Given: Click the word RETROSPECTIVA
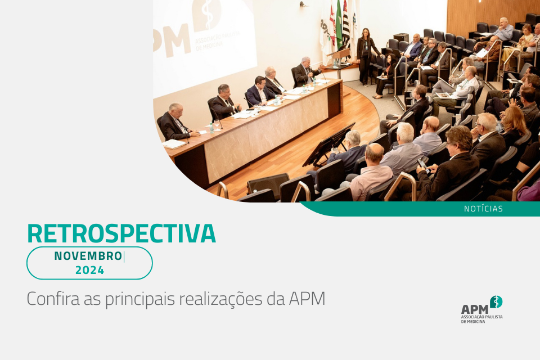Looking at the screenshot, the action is [x=121, y=233].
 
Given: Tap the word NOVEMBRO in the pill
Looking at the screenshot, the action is [x=88, y=256].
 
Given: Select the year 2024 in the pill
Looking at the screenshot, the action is [x=89, y=270].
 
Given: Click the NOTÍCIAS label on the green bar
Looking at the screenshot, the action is [x=483, y=209].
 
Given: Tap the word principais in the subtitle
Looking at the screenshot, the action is [x=140, y=299].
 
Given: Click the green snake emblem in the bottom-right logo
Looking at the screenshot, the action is [x=496, y=301].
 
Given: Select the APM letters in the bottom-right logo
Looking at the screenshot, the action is [x=475, y=309].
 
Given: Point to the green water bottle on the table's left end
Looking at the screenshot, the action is [x=211, y=128].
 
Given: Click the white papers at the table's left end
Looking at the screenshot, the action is [x=174, y=143].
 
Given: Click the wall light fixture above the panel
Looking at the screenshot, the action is [x=303, y=4].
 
